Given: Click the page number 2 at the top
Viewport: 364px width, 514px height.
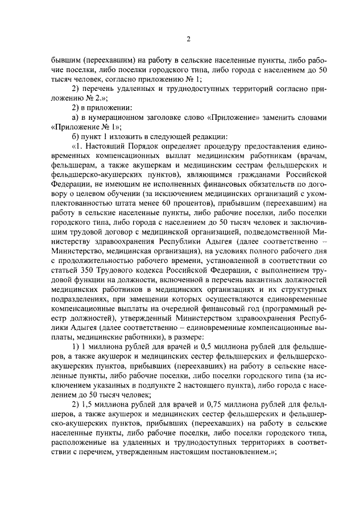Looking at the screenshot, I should [x=189, y=39].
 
